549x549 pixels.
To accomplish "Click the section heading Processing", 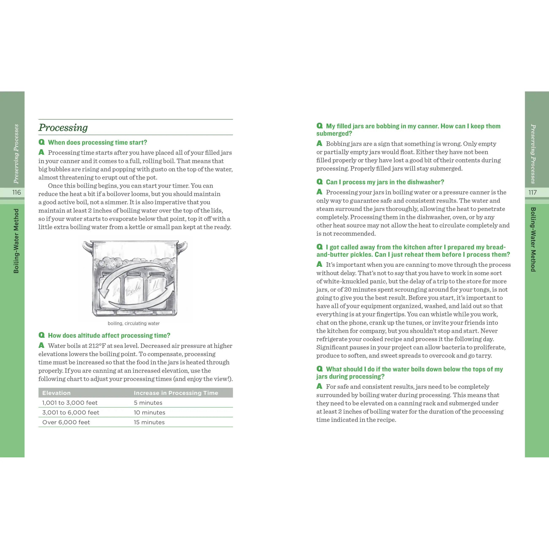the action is pos(63,128).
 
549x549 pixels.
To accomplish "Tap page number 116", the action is pos(16,192).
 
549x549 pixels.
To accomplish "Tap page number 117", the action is pos(533,192).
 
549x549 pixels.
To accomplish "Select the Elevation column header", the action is pos(56,393).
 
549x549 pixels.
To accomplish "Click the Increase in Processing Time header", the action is pos(176,393).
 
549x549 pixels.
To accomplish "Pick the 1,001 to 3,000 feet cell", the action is pos(70,403).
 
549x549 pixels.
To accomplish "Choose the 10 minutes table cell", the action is pos(149,412).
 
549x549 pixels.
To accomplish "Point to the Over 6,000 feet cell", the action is pos(66,422).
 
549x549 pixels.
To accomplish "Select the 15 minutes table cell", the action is pos(149,422).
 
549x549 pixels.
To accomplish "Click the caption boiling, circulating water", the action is pos(134,323).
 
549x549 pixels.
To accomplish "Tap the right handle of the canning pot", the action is pos(182,246).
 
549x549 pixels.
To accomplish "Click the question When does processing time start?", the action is pos(98,142).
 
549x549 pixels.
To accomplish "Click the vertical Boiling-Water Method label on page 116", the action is pos(16,241).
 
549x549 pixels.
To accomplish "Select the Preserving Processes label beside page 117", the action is pos(533,154).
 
